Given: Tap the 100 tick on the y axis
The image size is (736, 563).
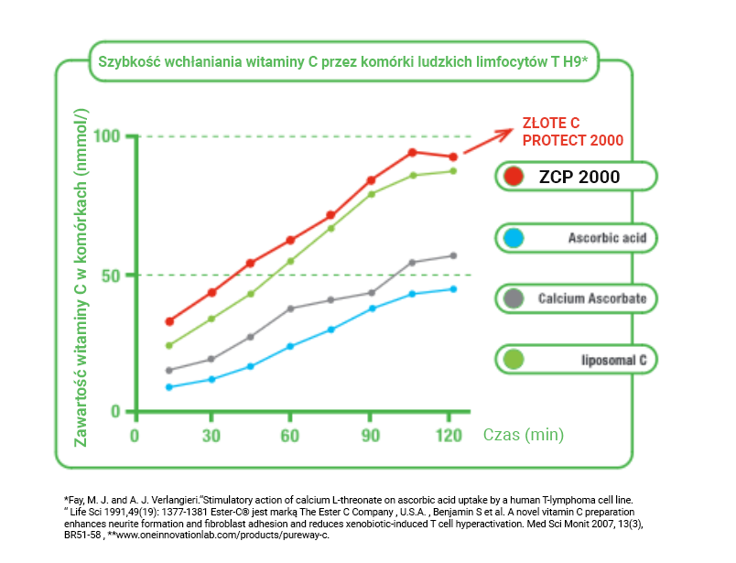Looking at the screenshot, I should click(106, 136).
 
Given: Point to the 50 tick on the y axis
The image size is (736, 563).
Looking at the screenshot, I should click(110, 275).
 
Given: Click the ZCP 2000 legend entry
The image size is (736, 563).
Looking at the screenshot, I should click(576, 177).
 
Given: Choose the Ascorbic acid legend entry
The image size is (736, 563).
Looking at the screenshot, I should click(576, 238).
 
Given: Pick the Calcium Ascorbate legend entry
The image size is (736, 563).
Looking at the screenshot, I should click(576, 298).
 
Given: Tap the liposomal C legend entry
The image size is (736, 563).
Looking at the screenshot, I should click(576, 360).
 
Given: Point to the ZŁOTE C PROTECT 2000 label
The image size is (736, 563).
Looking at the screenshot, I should click(572, 132).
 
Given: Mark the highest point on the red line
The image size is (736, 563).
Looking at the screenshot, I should click(412, 152).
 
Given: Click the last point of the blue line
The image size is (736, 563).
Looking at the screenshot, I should click(452, 289).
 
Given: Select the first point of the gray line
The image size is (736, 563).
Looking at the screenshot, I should click(169, 370).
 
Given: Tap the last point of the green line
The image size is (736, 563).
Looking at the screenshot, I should click(452, 171).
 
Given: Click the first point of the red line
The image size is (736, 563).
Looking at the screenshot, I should click(169, 321).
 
